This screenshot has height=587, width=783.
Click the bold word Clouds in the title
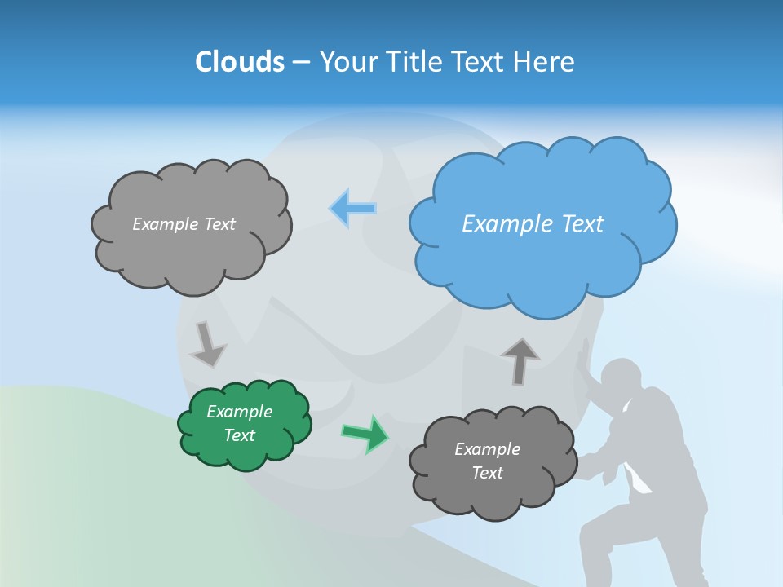239,62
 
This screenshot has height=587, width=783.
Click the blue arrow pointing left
352,209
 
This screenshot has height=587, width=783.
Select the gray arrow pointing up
520,361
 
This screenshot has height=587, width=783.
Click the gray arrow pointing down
208,343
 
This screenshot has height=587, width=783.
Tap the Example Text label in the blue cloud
533,223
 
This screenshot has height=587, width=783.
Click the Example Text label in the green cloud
240,423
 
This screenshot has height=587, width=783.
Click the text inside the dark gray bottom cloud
487,461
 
